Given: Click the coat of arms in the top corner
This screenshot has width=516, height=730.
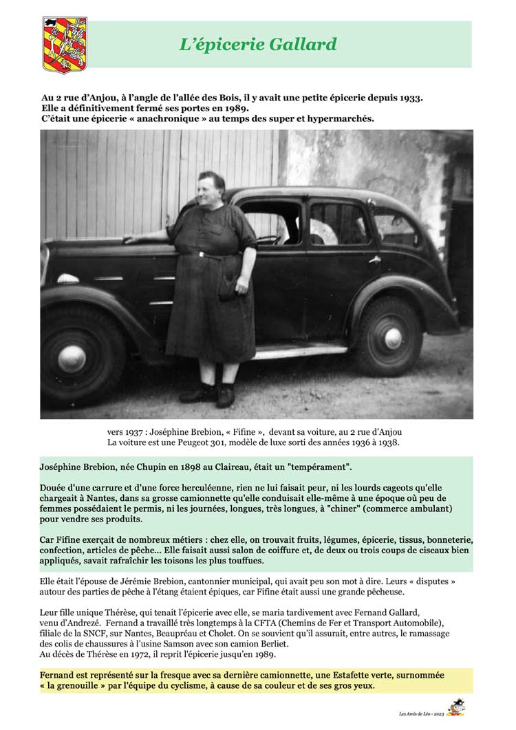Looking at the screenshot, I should (x=65, y=45).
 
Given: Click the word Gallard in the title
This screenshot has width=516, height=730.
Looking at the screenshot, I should (x=303, y=45).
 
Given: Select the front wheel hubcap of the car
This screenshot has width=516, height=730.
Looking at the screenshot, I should (x=72, y=358).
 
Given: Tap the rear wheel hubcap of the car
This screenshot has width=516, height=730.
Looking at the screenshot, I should (x=393, y=338).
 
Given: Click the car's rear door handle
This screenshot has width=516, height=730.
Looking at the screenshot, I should (x=374, y=259).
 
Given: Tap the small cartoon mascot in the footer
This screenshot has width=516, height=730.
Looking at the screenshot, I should (x=455, y=708).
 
